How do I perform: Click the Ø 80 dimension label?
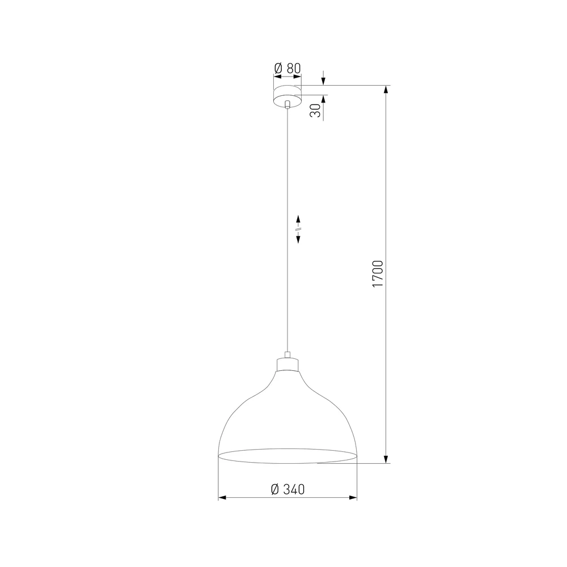[x=287, y=68]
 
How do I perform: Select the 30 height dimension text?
[x=315, y=111]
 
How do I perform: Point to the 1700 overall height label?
[x=378, y=273]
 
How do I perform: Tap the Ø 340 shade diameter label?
[x=287, y=489]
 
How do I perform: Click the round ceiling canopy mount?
[x=287, y=96]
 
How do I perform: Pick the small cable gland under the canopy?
[x=287, y=105]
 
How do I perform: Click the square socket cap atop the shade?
[x=288, y=365]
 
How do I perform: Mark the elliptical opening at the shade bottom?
[x=287, y=456]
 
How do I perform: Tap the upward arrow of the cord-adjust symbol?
[x=298, y=220]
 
